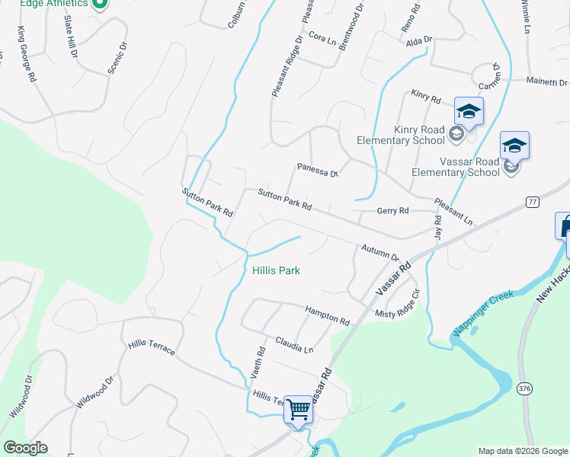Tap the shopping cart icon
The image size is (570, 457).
click(x=298, y=409)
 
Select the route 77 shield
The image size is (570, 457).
click(x=532, y=202)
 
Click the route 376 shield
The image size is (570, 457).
click(x=524, y=388)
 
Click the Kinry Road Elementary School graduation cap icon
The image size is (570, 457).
click(x=469, y=112)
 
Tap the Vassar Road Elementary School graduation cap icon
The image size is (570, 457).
click(x=514, y=145)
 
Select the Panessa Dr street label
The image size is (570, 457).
click(x=317, y=170)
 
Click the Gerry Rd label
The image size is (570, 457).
click(x=393, y=211)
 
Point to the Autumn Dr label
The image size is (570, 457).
click(x=380, y=252)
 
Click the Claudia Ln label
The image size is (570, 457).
click(x=294, y=345)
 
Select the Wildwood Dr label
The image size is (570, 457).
click(x=21, y=395)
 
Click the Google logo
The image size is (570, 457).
click(x=25, y=448)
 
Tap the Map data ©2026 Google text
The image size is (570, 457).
click(x=523, y=451)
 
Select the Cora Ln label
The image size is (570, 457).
click(x=322, y=38)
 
